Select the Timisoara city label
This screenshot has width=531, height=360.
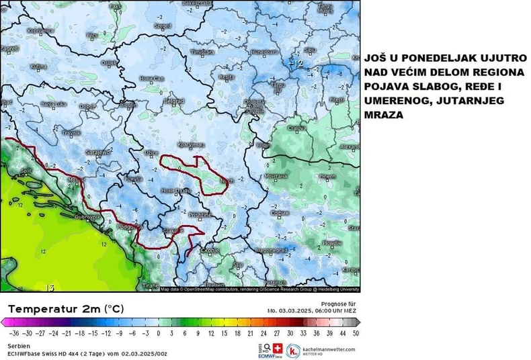coord(202,52)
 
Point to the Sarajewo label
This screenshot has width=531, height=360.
coord(99,152)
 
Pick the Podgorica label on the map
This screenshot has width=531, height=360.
coord(128,227)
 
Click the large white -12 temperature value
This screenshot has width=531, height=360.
coord(296,64)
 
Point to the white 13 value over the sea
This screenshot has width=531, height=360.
coord(49,287)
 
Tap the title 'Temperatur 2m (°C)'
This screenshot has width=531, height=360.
coord(66,310)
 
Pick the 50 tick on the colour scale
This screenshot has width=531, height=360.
coord(355,332)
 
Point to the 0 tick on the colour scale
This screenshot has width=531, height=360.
coord(159,332)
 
